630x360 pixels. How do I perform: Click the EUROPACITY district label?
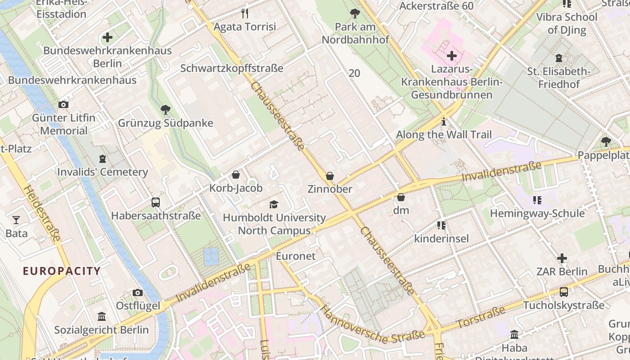pyautogui.click(x=62, y=271)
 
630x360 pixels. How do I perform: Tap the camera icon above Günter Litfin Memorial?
pyautogui.click(x=63, y=105)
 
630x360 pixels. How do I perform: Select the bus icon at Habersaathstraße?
pyautogui.click(x=156, y=202)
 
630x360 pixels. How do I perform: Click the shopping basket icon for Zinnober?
pyautogui.click(x=330, y=176)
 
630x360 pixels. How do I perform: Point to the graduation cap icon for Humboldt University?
pyautogui.click(x=274, y=205)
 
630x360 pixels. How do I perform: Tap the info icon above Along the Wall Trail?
pyautogui.click(x=444, y=121)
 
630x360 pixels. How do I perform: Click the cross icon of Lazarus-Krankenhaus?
pyautogui.click(x=451, y=56)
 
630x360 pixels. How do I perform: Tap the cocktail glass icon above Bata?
pyautogui.click(x=16, y=220)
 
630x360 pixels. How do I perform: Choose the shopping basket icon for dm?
pyautogui.click(x=401, y=198)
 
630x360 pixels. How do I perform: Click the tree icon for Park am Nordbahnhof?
pyautogui.click(x=355, y=13)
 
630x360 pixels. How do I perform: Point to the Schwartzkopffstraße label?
pyautogui.click(x=232, y=68)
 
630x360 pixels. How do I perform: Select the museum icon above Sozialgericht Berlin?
pyautogui.click(x=101, y=317)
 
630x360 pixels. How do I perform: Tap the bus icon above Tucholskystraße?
pyautogui.click(x=564, y=292)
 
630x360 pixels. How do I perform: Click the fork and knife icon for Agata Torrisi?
pyautogui.click(x=245, y=13)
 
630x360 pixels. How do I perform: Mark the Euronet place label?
pyautogui.click(x=296, y=256)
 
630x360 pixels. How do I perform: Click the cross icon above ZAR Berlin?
pyautogui.click(x=562, y=259)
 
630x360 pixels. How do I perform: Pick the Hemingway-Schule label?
pyautogui.click(x=537, y=213)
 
